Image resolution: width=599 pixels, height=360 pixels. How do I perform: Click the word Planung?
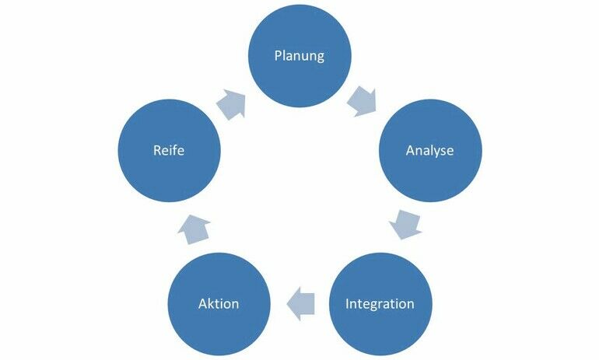[x=299, y=56]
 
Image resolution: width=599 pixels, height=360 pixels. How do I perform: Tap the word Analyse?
[x=429, y=150]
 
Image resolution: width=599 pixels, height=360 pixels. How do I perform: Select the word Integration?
[x=380, y=303]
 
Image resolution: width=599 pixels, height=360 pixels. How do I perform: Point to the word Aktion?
[x=219, y=303]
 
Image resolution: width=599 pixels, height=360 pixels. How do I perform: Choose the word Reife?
[x=169, y=150]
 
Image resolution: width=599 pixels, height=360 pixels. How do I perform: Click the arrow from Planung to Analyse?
[x=363, y=101]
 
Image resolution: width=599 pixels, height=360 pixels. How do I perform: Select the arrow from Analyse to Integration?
[x=405, y=223]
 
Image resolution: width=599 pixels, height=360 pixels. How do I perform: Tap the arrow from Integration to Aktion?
[x=300, y=302]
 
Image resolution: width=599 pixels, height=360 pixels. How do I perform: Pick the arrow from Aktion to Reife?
[x=194, y=229]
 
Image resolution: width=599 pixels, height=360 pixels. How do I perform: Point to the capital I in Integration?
[x=348, y=303]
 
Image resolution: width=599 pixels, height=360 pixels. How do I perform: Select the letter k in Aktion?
[x=208, y=303]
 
